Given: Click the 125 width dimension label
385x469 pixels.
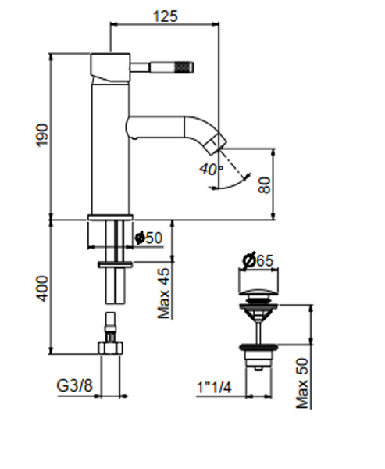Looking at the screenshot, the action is click(166, 16).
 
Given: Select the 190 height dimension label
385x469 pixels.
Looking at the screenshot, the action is click(42, 135).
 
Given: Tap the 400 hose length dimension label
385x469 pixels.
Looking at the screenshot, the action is click(42, 288).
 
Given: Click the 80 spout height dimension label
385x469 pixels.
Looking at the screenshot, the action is click(265, 185).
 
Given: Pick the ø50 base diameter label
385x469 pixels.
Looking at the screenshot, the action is click(148, 238).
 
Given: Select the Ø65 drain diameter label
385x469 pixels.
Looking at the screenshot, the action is click(258, 260).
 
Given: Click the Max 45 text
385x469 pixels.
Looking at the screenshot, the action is click(164, 293).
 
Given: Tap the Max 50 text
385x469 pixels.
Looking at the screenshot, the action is click(302, 383).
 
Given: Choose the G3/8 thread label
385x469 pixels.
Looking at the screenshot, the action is click(74, 386).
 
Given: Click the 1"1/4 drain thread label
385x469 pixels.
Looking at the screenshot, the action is click(214, 388).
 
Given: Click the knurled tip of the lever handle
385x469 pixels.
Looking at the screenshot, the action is click(184, 67).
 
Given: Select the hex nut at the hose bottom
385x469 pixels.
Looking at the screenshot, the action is click(111, 348).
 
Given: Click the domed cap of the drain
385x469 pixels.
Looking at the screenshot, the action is click(258, 292).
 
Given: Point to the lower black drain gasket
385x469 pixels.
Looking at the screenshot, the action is click(258, 347).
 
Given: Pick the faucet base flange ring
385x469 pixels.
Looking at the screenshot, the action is click(110, 217).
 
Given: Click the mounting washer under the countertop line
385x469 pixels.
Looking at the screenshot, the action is click(116, 264).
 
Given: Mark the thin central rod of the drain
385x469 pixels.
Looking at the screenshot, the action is click(258, 331).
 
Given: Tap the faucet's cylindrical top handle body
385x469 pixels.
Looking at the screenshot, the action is click(110, 67).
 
